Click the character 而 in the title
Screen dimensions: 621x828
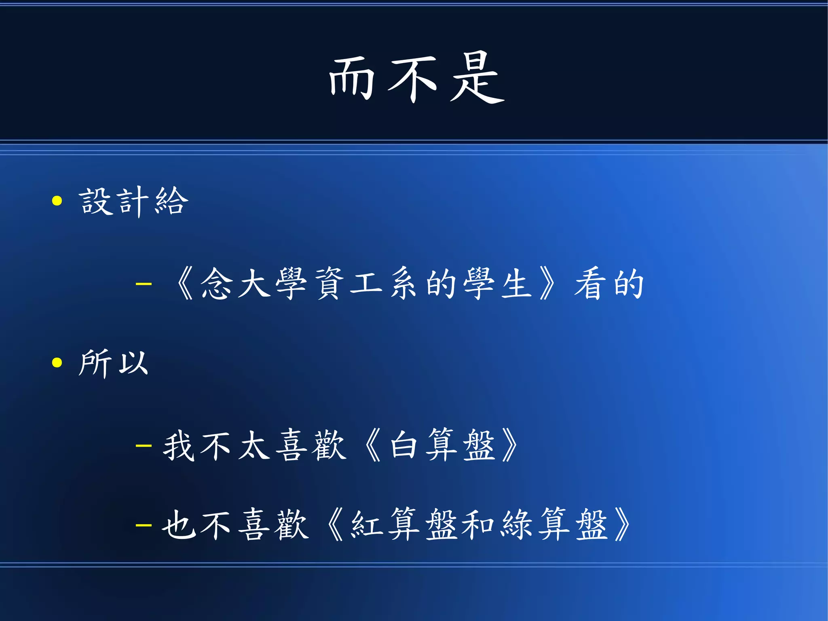coord(351,78)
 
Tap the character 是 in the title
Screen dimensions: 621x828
coord(477,78)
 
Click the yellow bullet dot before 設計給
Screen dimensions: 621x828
coord(57,201)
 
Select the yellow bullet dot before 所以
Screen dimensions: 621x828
coord(57,362)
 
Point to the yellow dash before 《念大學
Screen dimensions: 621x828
coord(144,284)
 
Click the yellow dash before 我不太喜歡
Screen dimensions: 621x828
coord(144,446)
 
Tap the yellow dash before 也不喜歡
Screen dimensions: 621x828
coord(144,525)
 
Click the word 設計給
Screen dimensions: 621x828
coord(133,201)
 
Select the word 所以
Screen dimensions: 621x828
coord(114,363)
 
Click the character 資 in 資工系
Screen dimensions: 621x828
coord(330,284)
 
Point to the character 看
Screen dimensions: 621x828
coord(590,284)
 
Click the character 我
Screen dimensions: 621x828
coord(178,446)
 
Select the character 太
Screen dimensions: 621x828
coord(254,446)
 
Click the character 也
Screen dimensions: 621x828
coord(178,525)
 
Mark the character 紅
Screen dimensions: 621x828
coord(366,525)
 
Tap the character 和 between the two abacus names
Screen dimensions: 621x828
coord(478,525)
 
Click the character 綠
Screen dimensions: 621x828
coord(516,525)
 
